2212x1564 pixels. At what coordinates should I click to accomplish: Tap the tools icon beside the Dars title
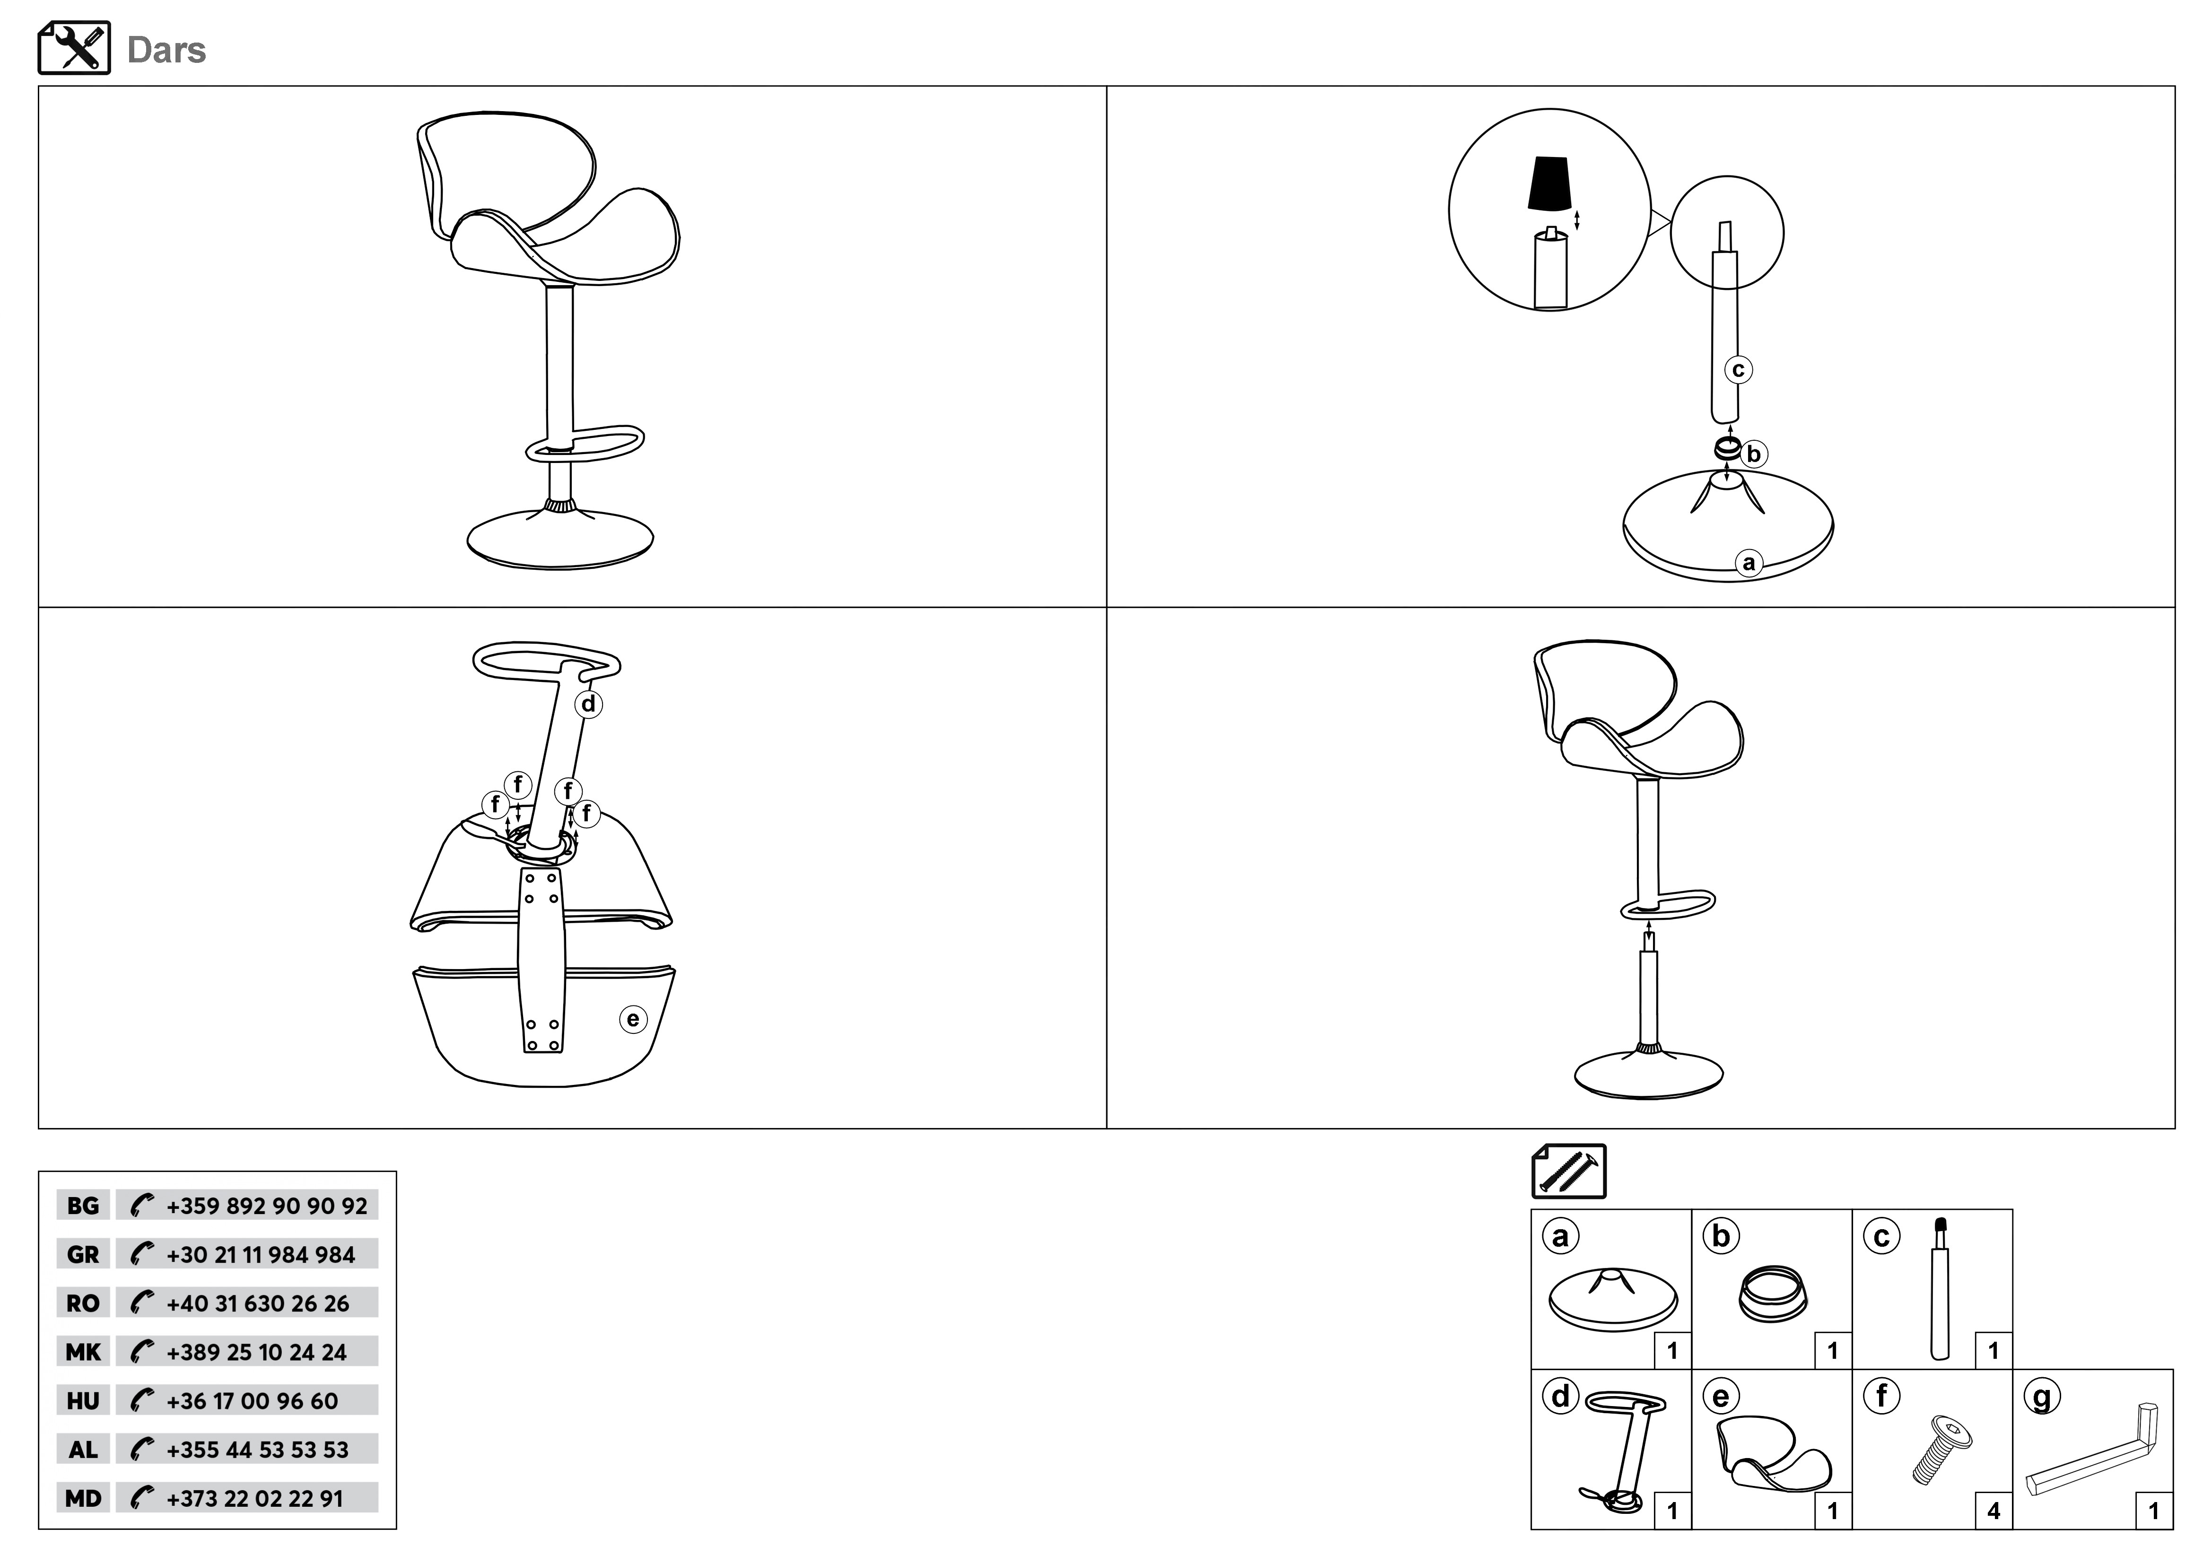(74, 48)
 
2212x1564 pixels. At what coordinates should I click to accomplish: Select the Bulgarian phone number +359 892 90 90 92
(267, 1206)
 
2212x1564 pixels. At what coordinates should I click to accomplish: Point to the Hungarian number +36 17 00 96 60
(253, 1400)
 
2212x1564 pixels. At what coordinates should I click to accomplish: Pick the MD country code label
(83, 1498)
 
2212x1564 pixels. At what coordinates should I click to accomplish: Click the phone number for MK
(256, 1352)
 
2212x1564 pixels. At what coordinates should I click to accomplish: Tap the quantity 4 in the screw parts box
(1993, 1511)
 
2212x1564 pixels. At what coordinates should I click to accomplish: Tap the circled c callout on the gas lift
(1738, 369)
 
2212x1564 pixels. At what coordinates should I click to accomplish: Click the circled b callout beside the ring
(1754, 453)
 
